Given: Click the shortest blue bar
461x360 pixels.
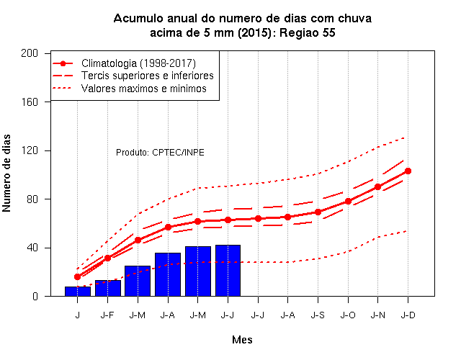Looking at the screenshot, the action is click(78, 291).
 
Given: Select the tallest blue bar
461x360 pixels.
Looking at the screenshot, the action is click(228, 271).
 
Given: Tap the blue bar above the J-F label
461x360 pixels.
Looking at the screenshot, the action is click(108, 288).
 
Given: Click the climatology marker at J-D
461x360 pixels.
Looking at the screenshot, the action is click(408, 171).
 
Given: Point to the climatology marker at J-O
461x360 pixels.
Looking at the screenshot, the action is click(348, 202).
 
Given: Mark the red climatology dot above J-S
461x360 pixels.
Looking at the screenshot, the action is click(318, 212).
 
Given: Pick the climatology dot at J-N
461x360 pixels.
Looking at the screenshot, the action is click(377, 187).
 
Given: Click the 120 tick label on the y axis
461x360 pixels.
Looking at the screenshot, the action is click(30, 150).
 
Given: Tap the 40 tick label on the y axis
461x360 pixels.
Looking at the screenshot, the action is click(32, 248).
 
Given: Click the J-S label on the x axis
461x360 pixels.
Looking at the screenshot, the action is click(318, 315).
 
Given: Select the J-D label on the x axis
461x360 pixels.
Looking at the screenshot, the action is click(408, 315).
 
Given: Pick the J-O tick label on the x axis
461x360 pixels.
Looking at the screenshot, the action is click(348, 315).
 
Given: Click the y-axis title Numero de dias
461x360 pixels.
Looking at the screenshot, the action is click(6, 174).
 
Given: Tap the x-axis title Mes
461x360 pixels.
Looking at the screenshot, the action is click(242, 340).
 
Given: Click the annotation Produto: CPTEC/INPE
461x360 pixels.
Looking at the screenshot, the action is click(160, 153).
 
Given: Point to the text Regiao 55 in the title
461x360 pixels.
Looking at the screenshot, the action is click(308, 32).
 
